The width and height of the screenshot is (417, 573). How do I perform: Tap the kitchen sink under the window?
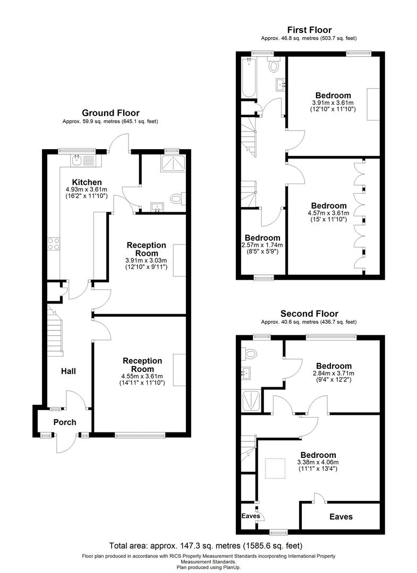point(77,159)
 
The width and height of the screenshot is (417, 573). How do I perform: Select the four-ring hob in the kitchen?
point(54,244)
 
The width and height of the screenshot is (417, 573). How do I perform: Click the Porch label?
point(65,422)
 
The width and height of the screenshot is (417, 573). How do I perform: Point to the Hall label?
point(68,371)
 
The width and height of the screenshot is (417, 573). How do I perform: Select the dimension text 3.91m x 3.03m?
point(146,261)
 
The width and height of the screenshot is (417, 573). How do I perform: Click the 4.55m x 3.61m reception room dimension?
point(142,377)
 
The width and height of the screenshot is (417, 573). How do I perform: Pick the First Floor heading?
point(309,30)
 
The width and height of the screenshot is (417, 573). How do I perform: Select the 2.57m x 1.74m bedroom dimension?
point(262,245)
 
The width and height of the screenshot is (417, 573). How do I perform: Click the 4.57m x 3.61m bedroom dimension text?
point(329,213)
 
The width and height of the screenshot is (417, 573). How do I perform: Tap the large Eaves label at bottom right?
point(341,516)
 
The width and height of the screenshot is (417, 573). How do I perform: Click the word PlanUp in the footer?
point(230,568)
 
